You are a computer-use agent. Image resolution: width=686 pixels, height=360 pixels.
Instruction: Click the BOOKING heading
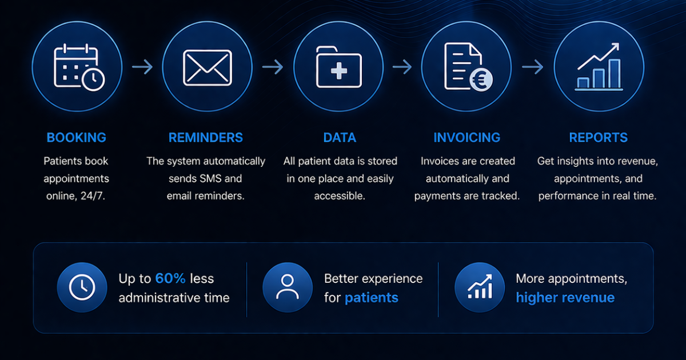[76, 138]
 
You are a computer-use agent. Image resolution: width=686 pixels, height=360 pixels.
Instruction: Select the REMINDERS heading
[205, 138]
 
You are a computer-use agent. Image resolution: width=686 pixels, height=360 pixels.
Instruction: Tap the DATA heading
[340, 138]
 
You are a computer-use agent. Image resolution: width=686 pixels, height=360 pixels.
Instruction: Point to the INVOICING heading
[466, 138]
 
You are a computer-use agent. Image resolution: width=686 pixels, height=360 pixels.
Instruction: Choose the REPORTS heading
[599, 138]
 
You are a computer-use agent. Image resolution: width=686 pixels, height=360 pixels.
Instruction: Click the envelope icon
[208, 67]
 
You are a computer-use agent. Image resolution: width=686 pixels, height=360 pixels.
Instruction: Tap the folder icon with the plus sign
[338, 67]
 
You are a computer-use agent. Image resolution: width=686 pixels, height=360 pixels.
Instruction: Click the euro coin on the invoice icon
[481, 80]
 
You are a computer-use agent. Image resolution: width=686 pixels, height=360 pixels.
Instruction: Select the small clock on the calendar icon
[93, 79]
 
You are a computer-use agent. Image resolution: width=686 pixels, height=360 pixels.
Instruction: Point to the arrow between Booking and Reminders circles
[142, 67]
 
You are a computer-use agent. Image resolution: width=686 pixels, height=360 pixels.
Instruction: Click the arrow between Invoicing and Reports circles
[533, 67]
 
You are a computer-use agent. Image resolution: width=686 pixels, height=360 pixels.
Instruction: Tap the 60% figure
[170, 279]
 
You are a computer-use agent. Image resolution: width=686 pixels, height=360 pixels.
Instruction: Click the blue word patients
[372, 298]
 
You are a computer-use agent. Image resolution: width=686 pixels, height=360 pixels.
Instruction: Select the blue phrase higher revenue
[565, 298]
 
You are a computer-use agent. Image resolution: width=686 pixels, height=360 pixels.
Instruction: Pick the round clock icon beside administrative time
[82, 287]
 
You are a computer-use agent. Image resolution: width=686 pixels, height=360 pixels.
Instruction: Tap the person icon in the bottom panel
[287, 287]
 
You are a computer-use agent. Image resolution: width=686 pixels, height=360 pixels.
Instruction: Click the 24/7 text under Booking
[93, 196]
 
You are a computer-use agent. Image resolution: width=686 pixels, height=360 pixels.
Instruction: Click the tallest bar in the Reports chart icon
[615, 74]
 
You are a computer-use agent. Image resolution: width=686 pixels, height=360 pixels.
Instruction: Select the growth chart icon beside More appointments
[480, 287]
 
